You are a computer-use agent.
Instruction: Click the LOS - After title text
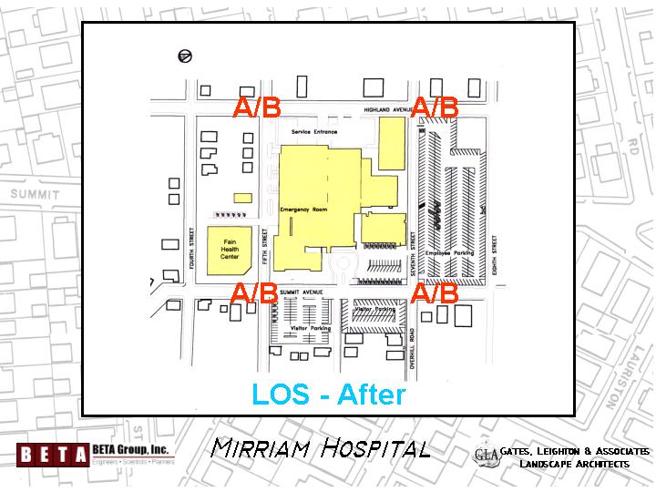pyautogui.click(x=328, y=395)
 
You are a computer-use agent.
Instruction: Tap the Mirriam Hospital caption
pyautogui.click(x=320, y=448)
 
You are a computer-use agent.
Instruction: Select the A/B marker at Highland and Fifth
pyautogui.click(x=257, y=108)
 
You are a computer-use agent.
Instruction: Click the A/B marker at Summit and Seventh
pyautogui.click(x=435, y=294)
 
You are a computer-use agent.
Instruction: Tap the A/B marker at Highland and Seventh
pyautogui.click(x=436, y=108)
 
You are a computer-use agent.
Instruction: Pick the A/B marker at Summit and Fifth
pyautogui.click(x=254, y=294)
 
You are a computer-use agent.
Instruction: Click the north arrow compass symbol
pyautogui.click(x=186, y=56)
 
